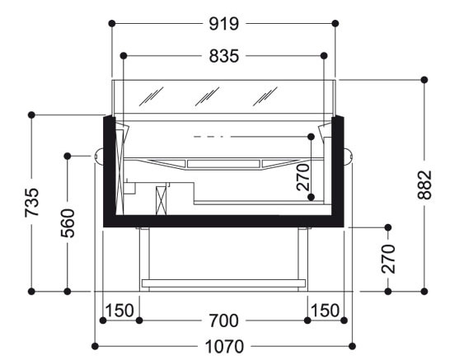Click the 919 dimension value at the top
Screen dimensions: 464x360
click(x=223, y=24)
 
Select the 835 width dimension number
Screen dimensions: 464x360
click(x=223, y=56)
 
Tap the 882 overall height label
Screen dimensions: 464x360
click(x=424, y=185)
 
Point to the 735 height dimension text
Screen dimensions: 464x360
click(x=31, y=203)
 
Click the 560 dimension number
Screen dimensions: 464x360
click(x=68, y=223)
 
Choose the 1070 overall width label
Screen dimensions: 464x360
click(x=224, y=347)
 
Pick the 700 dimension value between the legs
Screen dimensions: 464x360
click(x=223, y=321)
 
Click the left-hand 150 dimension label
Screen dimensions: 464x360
click(x=120, y=311)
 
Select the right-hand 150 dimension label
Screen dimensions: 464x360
click(x=325, y=311)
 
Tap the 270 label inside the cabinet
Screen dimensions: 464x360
click(x=303, y=177)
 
